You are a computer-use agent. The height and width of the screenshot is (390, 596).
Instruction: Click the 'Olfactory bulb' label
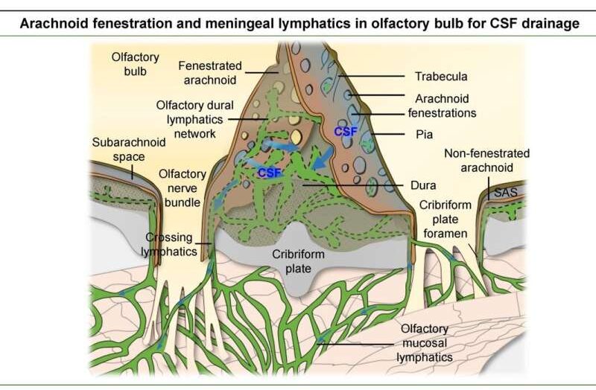(x=136, y=64)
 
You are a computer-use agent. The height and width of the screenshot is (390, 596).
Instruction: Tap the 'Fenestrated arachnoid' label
(x=210, y=72)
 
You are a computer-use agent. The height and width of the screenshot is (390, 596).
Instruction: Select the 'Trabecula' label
(x=441, y=77)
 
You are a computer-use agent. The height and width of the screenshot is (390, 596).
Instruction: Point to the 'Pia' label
(x=424, y=135)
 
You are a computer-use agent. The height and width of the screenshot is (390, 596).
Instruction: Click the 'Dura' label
(x=423, y=185)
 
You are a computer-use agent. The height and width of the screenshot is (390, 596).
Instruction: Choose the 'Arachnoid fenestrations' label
(x=442, y=106)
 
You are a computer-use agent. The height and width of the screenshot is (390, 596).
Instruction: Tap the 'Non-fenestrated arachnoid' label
(x=487, y=160)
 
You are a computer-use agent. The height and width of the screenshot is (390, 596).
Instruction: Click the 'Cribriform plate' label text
(x=299, y=261)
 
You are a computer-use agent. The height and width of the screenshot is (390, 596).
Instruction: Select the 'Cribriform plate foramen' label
(x=445, y=219)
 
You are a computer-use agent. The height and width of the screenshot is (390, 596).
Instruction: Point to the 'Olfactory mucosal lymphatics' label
(x=425, y=343)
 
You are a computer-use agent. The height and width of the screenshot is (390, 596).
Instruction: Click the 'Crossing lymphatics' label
(x=169, y=245)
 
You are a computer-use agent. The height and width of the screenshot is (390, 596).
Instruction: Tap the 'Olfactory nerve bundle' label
(x=183, y=188)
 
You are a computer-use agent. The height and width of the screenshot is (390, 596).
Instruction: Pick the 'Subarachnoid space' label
(x=129, y=150)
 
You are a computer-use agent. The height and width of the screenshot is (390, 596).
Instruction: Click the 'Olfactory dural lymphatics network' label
(x=194, y=119)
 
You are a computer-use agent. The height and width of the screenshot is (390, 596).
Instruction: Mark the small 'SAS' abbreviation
(x=506, y=192)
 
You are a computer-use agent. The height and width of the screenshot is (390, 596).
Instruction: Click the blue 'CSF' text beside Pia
(x=346, y=132)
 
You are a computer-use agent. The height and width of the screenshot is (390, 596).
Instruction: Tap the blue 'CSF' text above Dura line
(x=270, y=173)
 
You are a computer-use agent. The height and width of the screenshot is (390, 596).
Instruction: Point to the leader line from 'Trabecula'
(x=371, y=77)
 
